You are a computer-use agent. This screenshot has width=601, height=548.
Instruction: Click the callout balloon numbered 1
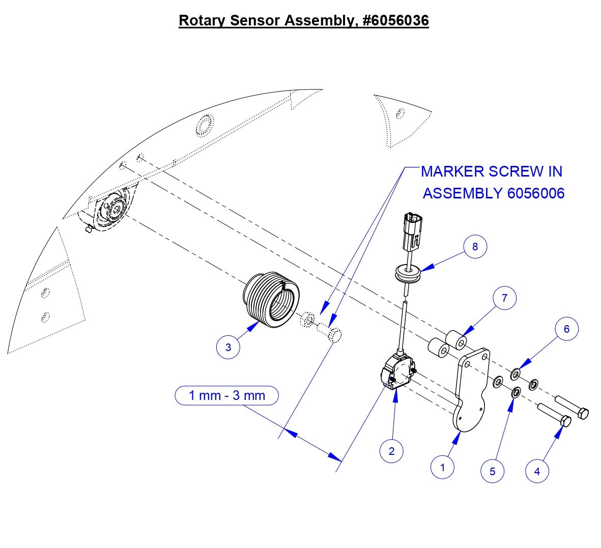(x=442, y=467)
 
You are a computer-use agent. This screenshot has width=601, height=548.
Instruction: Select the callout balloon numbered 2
(x=391, y=451)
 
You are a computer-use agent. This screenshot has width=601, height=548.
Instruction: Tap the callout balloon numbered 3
(x=228, y=348)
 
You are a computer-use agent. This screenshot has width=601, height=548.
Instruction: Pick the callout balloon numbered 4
(x=537, y=471)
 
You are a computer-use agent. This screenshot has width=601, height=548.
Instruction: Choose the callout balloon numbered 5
(x=492, y=471)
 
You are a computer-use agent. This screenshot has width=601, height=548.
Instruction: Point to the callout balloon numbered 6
(x=566, y=329)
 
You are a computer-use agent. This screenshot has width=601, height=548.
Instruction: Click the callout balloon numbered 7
(x=504, y=298)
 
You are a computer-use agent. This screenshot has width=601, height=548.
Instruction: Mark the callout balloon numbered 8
(x=475, y=247)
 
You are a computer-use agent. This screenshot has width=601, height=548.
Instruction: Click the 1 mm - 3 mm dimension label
(x=227, y=395)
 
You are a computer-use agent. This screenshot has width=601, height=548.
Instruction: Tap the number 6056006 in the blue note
(x=535, y=193)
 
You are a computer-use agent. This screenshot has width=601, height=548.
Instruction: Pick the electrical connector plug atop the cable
(x=412, y=230)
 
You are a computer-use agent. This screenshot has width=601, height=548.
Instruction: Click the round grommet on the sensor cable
(x=408, y=274)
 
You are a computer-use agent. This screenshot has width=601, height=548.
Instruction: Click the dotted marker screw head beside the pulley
(x=334, y=335)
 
